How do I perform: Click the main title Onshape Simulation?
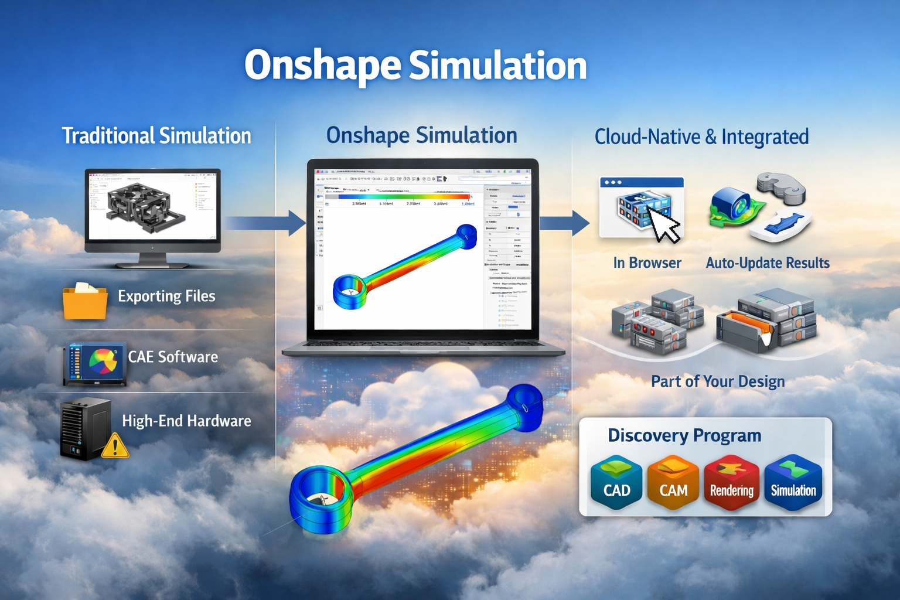pos(415,66)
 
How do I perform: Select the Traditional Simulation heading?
pos(156,136)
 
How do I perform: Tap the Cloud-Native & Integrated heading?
pos(701,137)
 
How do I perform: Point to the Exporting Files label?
pos(166,296)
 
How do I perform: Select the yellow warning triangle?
pos(115,446)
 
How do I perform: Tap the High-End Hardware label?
pos(186,421)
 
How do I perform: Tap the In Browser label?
pos(647,263)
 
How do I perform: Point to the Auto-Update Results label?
pos(768,263)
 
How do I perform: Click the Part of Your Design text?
pos(718,381)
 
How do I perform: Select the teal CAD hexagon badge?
pos(616,483)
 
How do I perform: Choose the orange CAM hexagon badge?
pos(673,483)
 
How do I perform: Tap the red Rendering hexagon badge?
pos(732,484)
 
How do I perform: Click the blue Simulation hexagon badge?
pos(793,483)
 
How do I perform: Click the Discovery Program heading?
pos(684,436)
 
